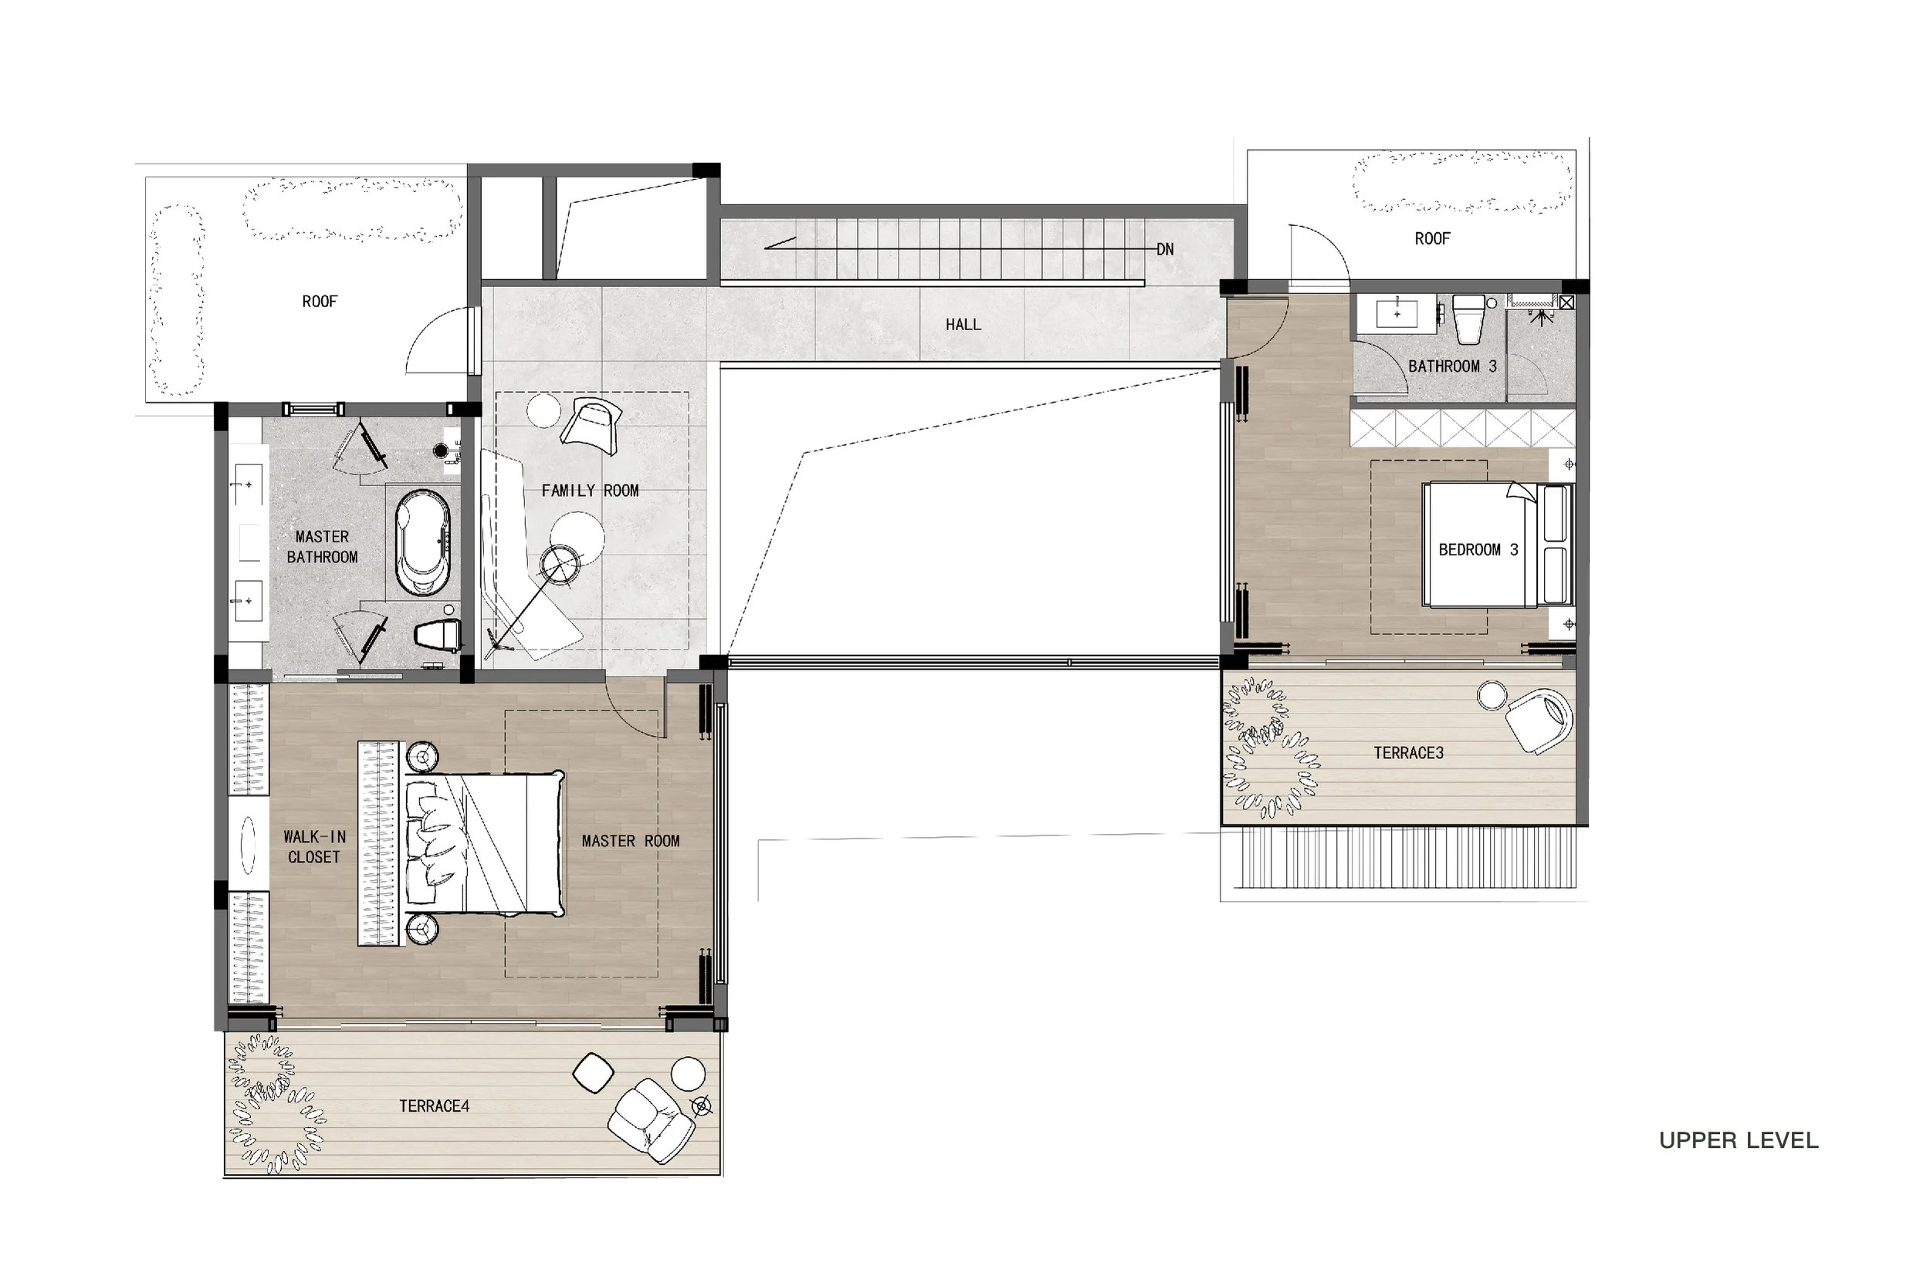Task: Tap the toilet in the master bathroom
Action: [x=438, y=636]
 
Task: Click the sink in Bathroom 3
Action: [x=1397, y=313]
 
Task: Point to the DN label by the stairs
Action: [x=1164, y=249]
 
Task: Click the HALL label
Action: [x=963, y=325]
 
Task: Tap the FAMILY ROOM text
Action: [x=589, y=491]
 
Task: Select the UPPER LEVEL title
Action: [x=1738, y=1140]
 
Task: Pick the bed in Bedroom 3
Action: [x=1477, y=545]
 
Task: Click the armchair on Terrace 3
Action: [x=1539, y=719]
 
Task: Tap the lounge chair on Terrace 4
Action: [x=652, y=1119]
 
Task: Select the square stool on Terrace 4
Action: [x=592, y=1073]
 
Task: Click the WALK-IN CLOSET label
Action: [x=314, y=846]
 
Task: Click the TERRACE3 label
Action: [x=1408, y=753]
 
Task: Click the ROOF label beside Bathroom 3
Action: [x=1432, y=238]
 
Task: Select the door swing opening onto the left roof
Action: [x=439, y=340]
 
